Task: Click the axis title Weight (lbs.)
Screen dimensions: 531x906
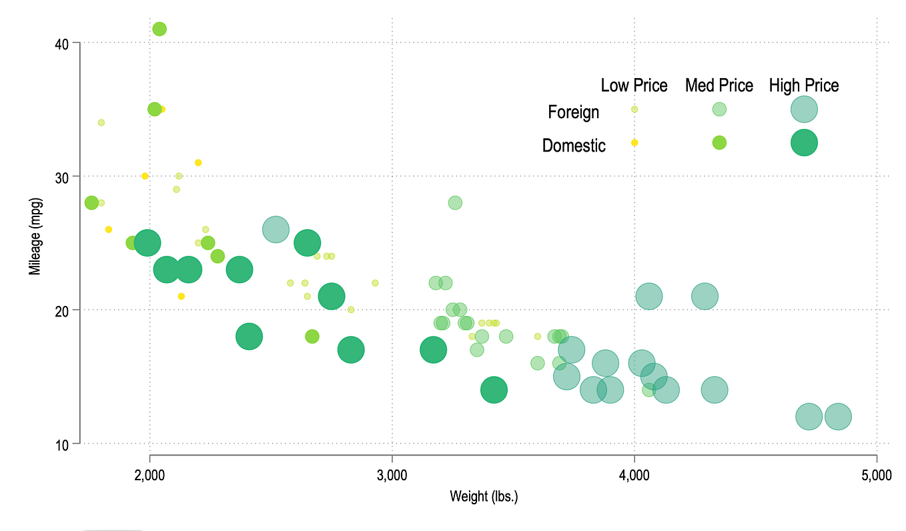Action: click(x=484, y=496)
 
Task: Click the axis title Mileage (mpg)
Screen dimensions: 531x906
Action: click(x=35, y=236)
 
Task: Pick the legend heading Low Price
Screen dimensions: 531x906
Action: click(x=634, y=85)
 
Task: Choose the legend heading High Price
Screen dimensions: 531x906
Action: click(x=803, y=85)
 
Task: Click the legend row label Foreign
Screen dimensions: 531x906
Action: click(x=573, y=112)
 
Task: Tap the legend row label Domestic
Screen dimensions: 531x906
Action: click(x=573, y=146)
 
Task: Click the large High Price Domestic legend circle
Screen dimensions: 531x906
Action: click(x=804, y=142)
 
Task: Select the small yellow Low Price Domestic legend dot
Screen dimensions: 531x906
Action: click(x=634, y=143)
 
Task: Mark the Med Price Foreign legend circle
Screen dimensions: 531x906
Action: click(x=719, y=109)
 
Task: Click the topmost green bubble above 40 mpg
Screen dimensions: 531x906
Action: click(x=159, y=29)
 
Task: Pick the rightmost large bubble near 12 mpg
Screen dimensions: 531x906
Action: click(x=838, y=417)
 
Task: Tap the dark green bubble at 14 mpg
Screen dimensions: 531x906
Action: click(x=494, y=390)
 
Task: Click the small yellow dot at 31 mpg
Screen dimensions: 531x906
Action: click(x=198, y=162)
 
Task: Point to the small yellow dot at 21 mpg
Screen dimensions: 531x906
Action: click(x=181, y=297)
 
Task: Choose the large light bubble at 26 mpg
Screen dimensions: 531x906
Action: click(x=276, y=230)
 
